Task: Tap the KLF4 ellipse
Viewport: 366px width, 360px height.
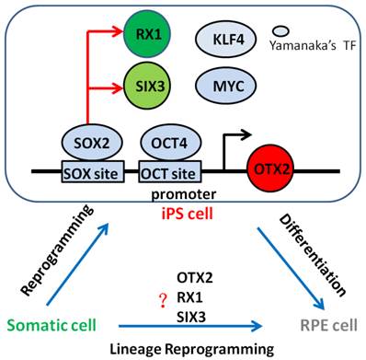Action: (x=223, y=40)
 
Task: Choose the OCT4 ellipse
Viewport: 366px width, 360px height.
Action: (x=166, y=145)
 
